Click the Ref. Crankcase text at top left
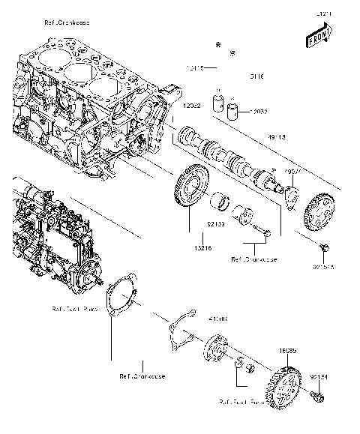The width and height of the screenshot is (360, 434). point(67,22)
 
